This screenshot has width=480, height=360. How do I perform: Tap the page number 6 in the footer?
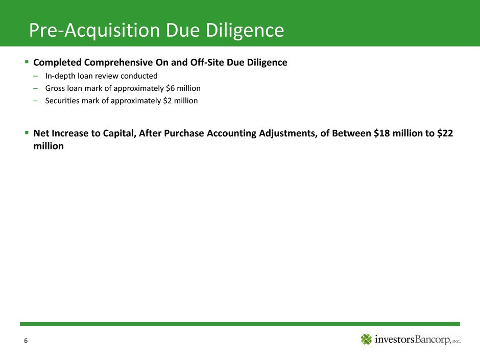(26, 341)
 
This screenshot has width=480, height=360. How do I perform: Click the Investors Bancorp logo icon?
(366, 339)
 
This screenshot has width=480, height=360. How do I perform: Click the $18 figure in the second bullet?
(382, 133)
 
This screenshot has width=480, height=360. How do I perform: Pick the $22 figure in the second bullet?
(445, 133)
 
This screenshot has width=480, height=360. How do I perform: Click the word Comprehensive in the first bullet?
(118, 62)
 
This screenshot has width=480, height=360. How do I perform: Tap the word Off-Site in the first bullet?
(207, 62)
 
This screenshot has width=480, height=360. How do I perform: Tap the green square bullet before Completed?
(27, 62)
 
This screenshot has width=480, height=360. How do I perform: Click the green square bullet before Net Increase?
(27, 133)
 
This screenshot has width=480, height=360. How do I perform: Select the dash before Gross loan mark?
(36, 88)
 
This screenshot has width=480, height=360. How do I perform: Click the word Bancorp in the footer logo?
(433, 339)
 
